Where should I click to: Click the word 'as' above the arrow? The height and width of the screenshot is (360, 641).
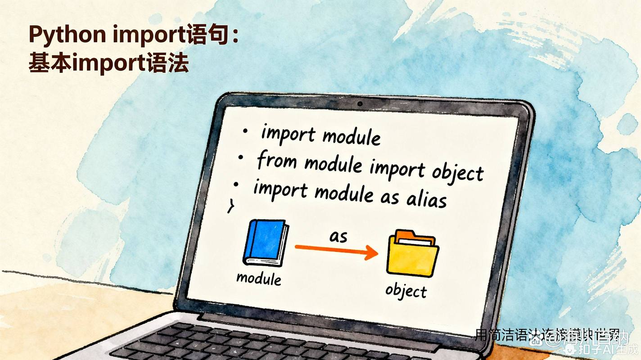click(338, 236)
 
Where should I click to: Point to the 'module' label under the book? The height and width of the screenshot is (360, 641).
click(259, 278)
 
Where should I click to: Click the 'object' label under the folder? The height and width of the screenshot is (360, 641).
click(406, 291)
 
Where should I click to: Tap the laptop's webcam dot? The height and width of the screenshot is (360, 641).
click(360, 104)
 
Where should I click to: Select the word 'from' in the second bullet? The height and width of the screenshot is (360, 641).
click(276, 161)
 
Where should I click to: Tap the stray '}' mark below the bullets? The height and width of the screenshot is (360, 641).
click(230, 206)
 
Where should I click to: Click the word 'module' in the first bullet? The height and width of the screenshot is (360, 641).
click(352, 136)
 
